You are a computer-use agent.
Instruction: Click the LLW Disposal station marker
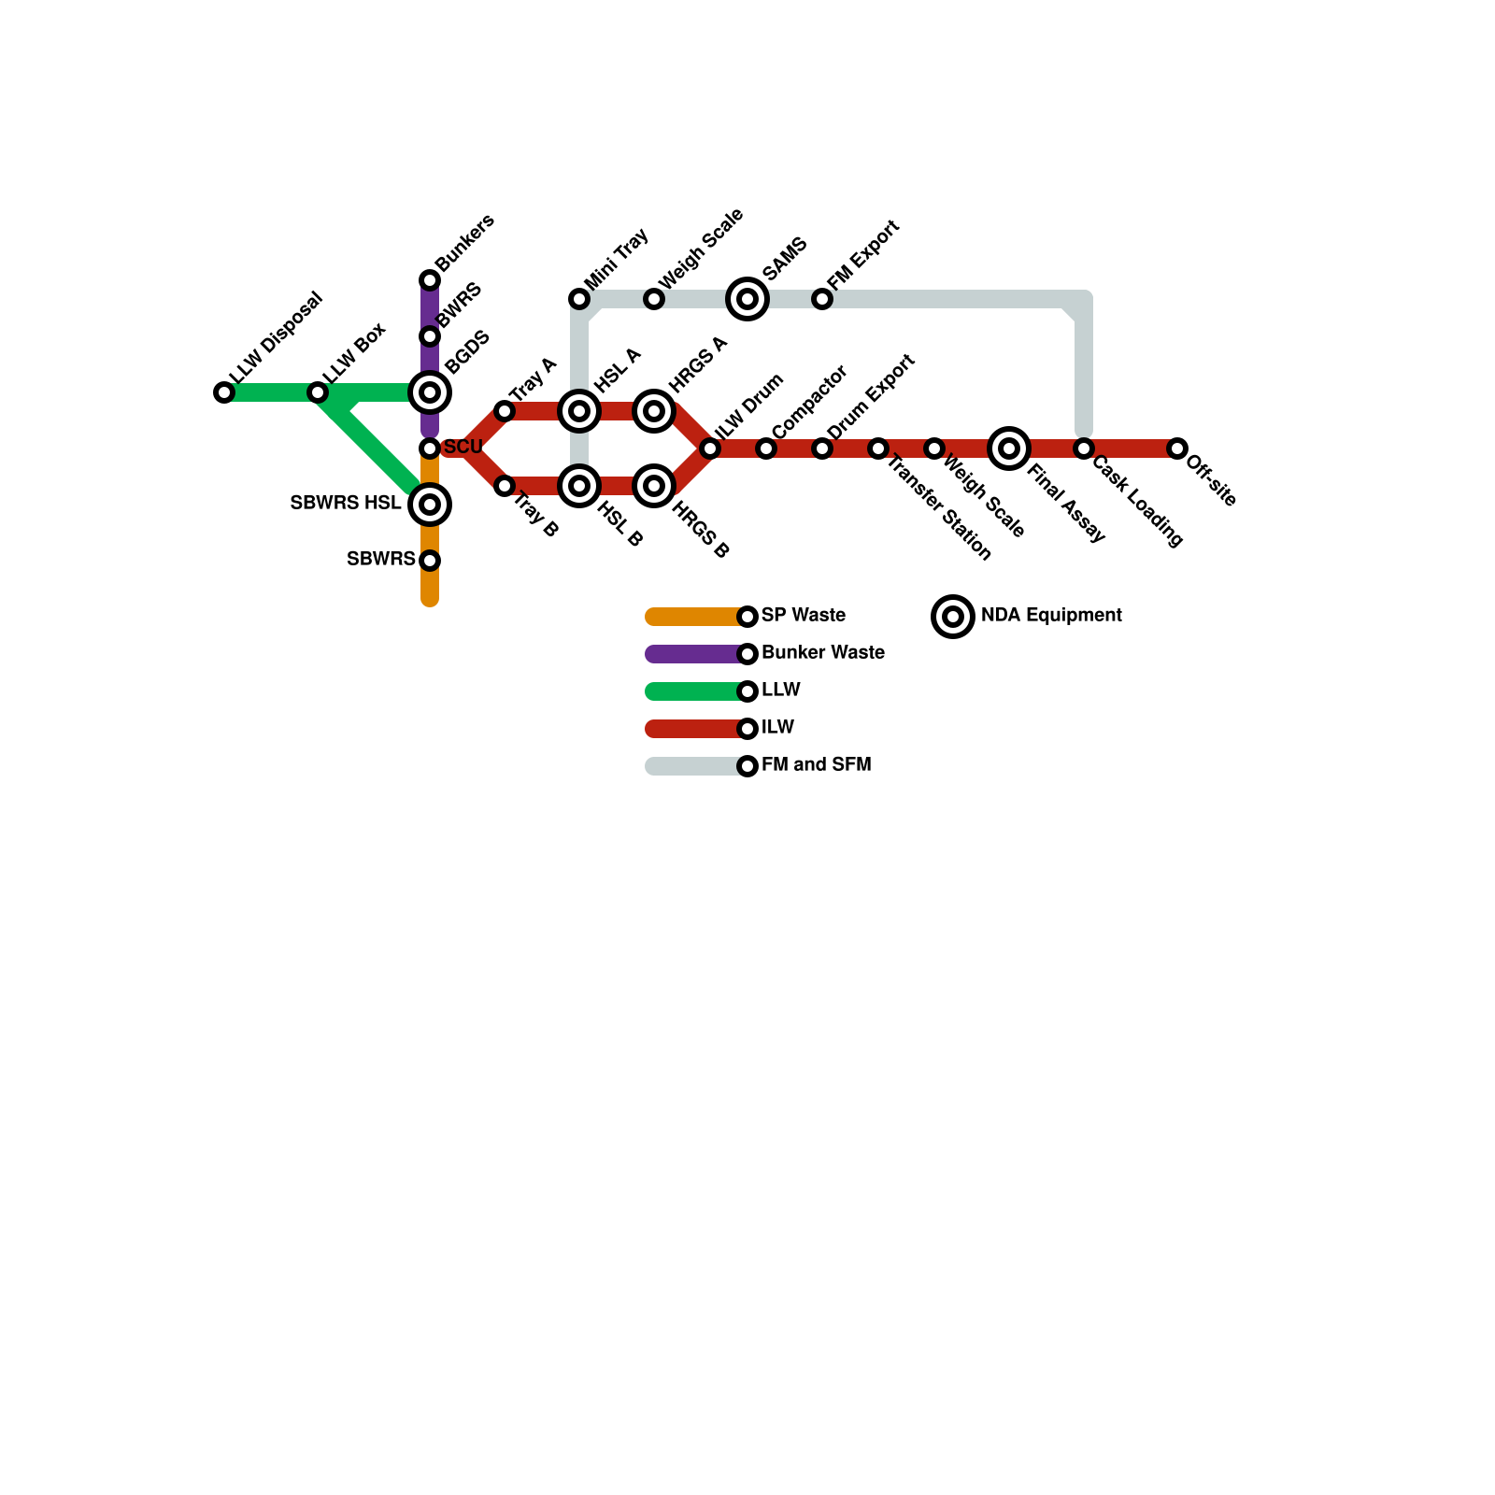[224, 392]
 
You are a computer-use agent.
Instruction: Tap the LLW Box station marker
[318, 392]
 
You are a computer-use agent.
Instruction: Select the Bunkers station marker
[430, 280]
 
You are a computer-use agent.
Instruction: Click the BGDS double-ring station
[430, 392]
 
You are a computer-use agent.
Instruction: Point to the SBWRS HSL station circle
[430, 505]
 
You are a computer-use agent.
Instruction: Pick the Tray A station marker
[505, 411]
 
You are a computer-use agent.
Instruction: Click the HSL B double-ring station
[579, 486]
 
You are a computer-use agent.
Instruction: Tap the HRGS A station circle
[654, 411]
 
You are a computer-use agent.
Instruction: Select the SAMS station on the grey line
[747, 299]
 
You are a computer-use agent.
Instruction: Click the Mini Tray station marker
[579, 299]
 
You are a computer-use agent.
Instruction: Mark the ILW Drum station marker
[710, 448]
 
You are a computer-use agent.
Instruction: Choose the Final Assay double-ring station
[1009, 448]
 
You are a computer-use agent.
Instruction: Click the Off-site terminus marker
[1177, 448]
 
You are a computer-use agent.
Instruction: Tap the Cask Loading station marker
[1084, 448]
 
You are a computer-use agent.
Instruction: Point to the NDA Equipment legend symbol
[953, 617]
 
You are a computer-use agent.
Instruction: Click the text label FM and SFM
[816, 765]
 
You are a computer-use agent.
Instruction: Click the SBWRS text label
[380, 560]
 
